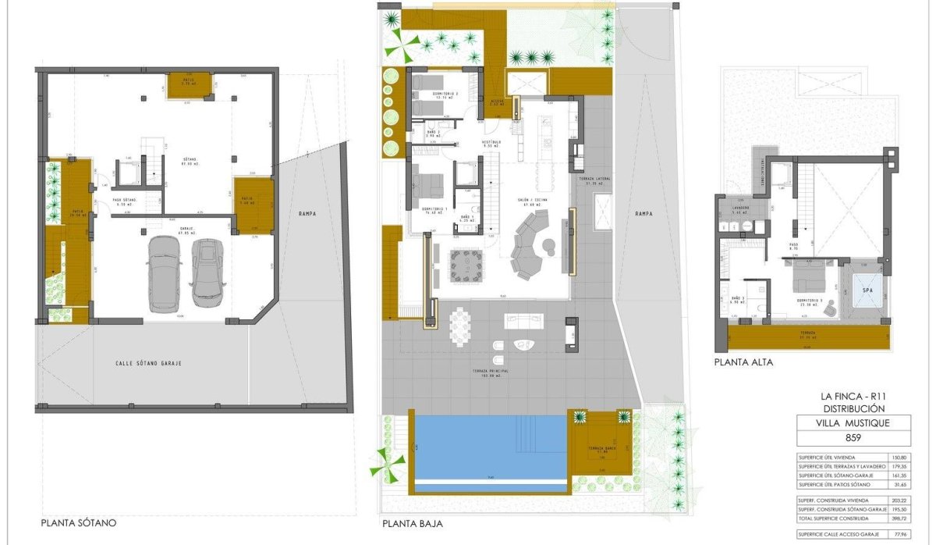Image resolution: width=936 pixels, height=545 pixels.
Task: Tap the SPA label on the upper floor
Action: pyautogui.click(x=867, y=291)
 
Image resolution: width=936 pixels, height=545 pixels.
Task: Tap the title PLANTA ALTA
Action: pyautogui.click(x=743, y=362)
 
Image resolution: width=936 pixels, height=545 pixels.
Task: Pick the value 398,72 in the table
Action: pyautogui.click(x=899, y=518)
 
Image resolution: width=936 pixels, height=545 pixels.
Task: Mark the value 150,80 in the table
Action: pyautogui.click(x=899, y=457)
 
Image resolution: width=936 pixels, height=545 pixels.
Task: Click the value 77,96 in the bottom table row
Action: pyautogui.click(x=899, y=534)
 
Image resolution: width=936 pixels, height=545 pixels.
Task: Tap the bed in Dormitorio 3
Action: pyautogui.click(x=811, y=277)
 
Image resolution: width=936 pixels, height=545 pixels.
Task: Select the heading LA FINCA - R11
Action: pyautogui.click(x=854, y=396)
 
